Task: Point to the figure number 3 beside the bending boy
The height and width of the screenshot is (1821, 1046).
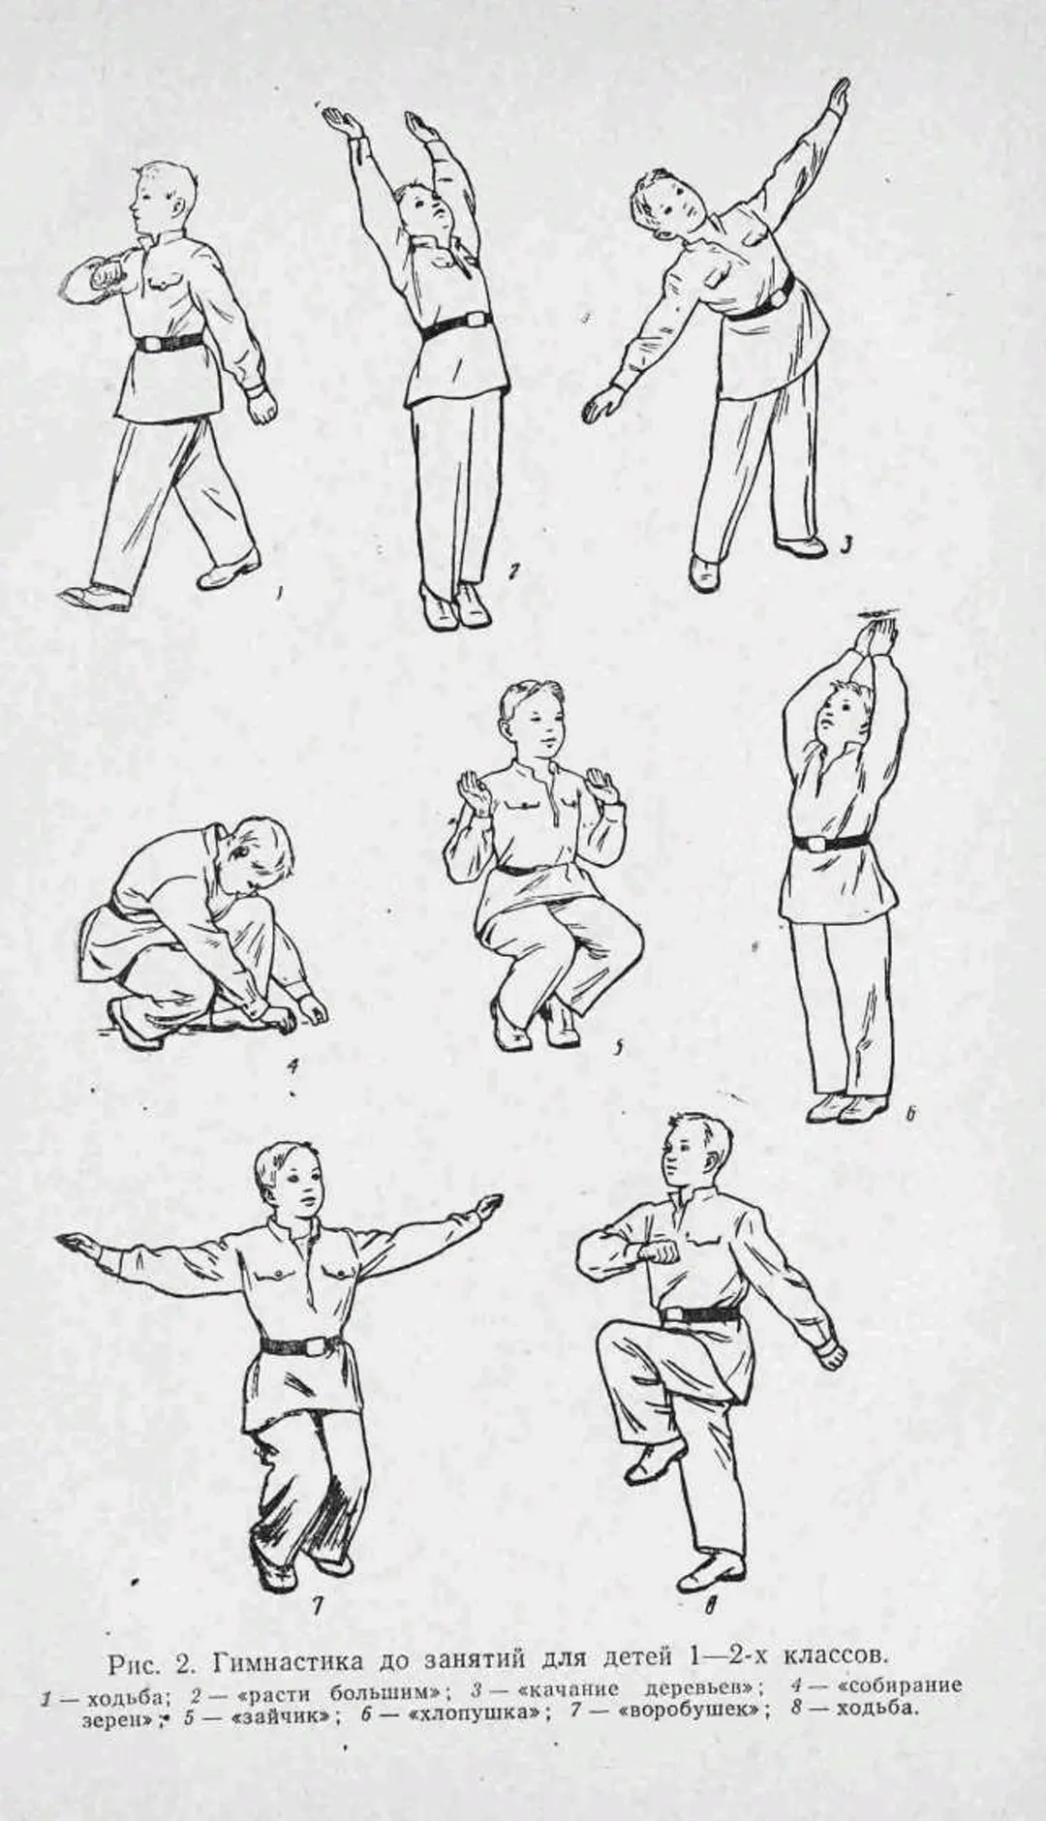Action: coord(844,548)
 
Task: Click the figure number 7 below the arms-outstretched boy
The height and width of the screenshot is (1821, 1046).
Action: coord(317,1604)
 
